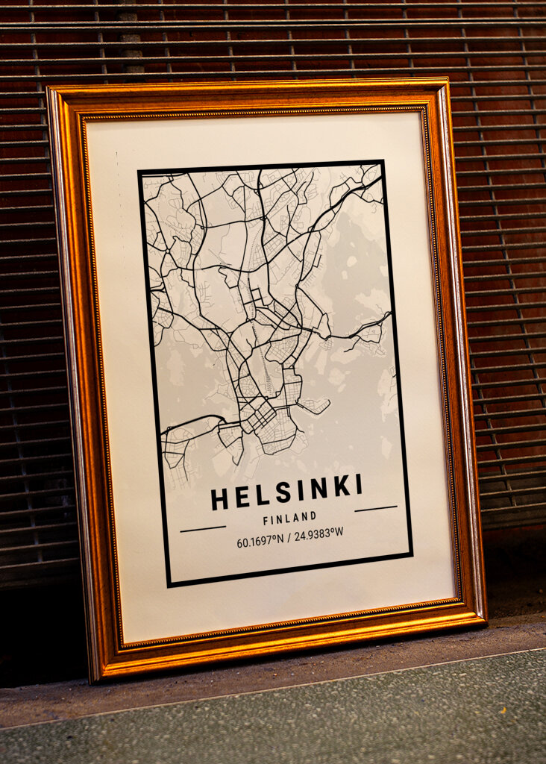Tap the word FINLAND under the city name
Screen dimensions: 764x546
[289, 517]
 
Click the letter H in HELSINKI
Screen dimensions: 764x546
[219, 499]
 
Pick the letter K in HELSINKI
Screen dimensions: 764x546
[342, 487]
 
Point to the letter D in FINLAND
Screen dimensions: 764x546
[313, 515]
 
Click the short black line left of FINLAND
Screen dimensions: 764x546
[203, 528]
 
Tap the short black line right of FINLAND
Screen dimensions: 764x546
[375, 509]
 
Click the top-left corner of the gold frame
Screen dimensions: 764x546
[49, 89]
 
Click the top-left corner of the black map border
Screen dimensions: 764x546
[139, 172]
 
